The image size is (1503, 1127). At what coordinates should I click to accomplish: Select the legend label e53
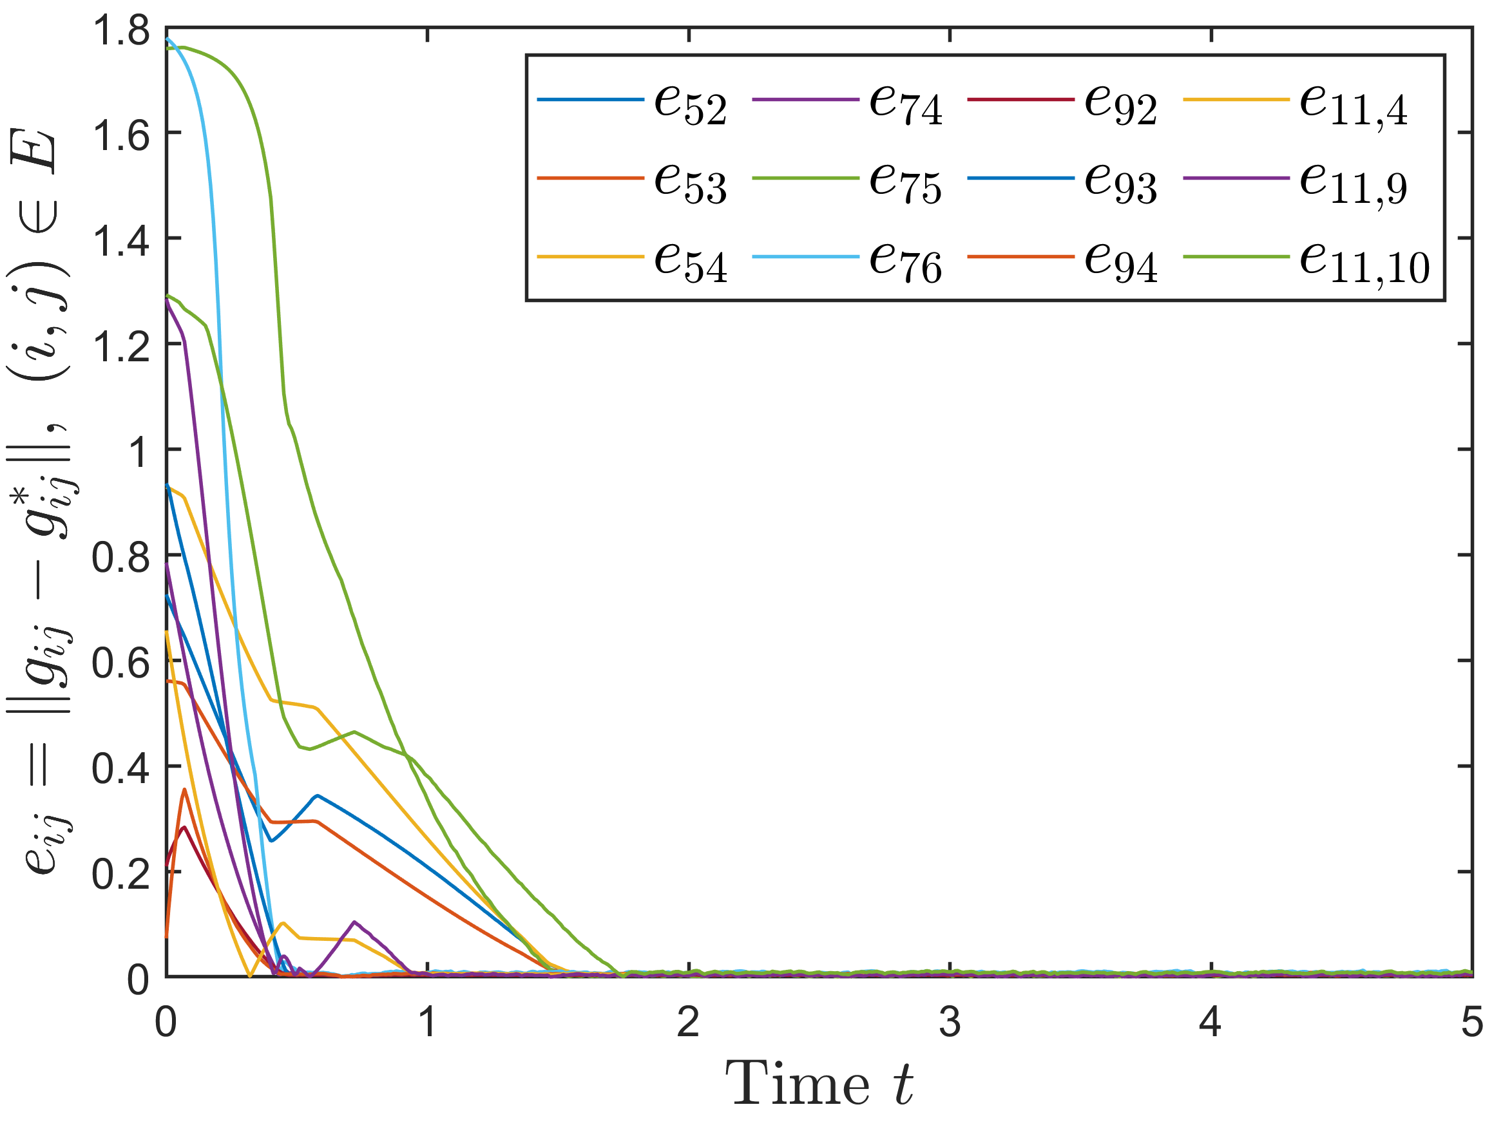[691, 183]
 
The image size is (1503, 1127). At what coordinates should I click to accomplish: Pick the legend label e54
[691, 261]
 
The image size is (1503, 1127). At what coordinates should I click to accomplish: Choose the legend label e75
[906, 183]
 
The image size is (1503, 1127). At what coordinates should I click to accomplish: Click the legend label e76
[906, 261]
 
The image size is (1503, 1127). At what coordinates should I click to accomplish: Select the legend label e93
[1120, 183]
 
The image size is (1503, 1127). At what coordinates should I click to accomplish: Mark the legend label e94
[1120, 261]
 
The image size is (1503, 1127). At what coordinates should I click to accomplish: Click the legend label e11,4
[1354, 106]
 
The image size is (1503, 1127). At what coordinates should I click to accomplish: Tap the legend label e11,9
[1354, 184]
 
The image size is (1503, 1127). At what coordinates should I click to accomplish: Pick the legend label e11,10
[1365, 263]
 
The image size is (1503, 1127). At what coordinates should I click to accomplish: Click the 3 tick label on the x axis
[949, 1021]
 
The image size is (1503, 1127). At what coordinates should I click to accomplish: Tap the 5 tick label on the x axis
[1471, 1021]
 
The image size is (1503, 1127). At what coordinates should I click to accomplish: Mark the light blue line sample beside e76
[805, 257]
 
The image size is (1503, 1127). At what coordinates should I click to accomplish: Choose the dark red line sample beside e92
[1020, 100]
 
